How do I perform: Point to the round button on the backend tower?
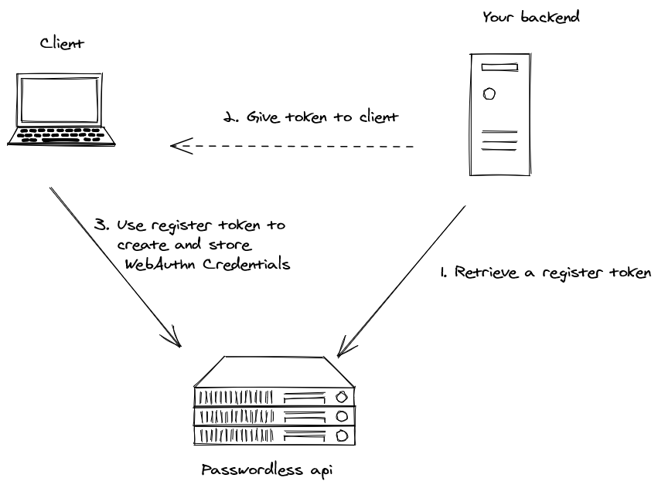488,94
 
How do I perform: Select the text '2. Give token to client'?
310,118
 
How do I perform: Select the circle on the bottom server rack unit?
341,435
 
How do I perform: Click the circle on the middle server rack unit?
341,417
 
